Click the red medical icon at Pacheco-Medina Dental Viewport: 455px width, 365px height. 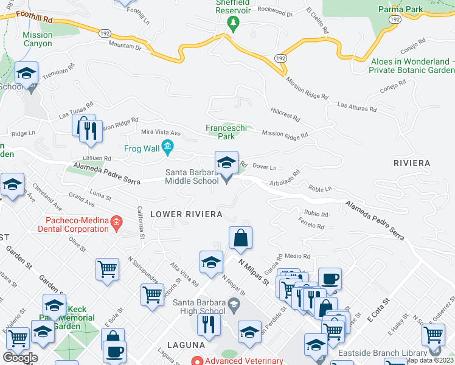(117, 224)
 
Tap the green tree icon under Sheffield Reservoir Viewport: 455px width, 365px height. (232, 24)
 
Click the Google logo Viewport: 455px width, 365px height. (20, 358)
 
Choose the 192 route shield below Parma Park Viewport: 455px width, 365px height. (395, 20)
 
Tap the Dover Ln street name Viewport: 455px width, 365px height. (264, 167)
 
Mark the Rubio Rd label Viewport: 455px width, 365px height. (316, 214)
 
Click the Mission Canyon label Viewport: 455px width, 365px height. (37, 39)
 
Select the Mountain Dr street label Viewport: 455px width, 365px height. (125, 46)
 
